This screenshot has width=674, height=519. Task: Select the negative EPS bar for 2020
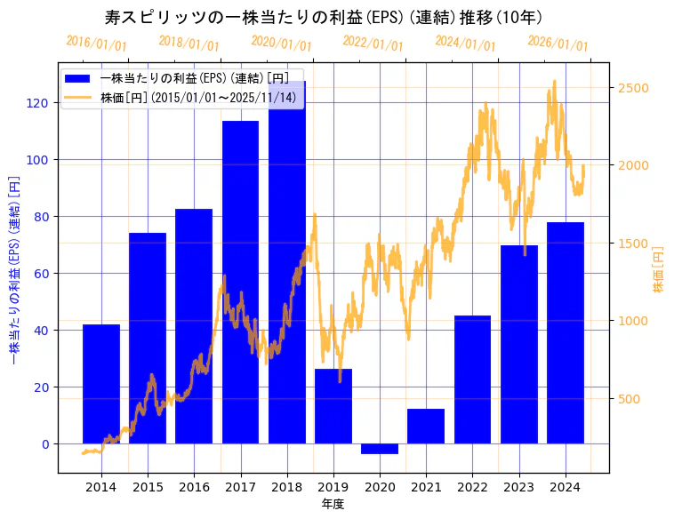[x=380, y=449]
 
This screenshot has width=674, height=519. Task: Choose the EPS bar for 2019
[x=333, y=406]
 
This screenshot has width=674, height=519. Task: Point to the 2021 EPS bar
[x=426, y=426]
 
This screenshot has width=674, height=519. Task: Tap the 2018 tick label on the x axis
[x=287, y=487]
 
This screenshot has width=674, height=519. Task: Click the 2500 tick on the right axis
[x=633, y=87]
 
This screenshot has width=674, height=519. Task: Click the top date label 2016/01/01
[x=96, y=43]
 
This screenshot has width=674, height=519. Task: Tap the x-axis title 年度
[x=333, y=504]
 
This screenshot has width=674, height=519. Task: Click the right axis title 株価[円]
[x=659, y=269]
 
